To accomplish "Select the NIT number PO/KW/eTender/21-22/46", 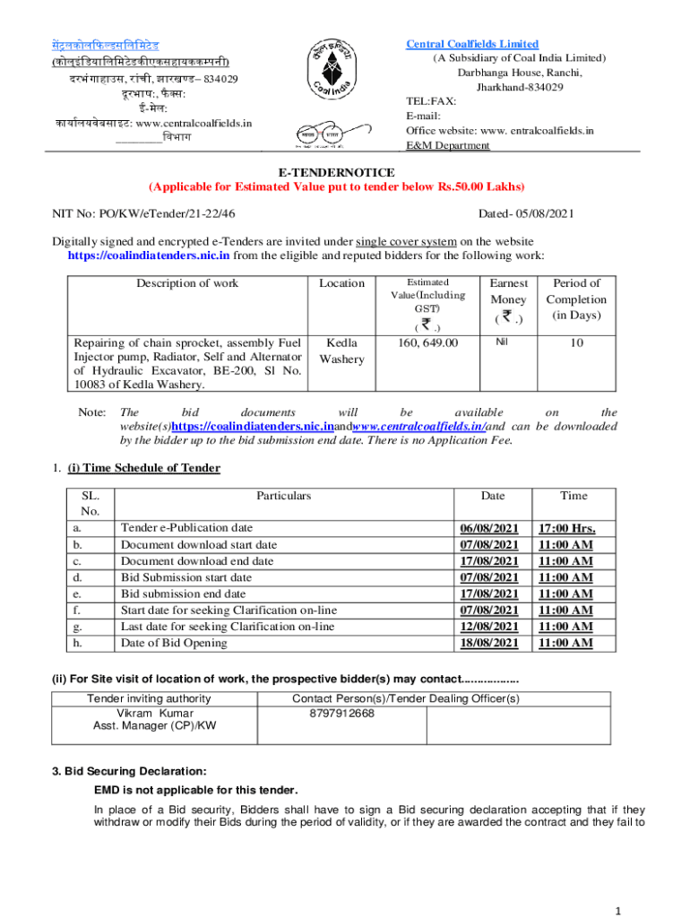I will coord(144,213).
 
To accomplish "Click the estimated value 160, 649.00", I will coord(427,342).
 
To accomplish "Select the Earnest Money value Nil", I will coord(508,342).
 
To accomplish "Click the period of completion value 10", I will coord(576,342).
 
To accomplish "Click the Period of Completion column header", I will coord(576,299).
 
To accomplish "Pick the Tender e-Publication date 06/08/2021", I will coord(489,528).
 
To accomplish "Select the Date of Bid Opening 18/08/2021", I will coord(489,643).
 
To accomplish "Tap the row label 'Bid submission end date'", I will coord(183,593).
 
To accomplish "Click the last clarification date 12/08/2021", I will coord(489,627).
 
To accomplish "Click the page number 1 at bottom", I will coord(618,911).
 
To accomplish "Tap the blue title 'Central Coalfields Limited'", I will coord(472,44).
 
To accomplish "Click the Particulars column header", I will coord(284,495).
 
